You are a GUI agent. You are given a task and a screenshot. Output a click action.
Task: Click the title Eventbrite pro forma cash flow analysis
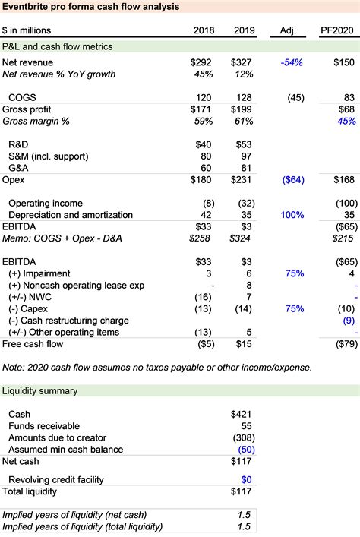tap(91, 8)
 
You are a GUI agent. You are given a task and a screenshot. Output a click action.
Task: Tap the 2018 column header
tap(206, 30)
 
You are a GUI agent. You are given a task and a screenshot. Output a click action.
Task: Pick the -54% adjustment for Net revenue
tap(291, 62)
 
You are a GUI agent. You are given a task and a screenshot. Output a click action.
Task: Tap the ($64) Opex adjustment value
tap(291, 179)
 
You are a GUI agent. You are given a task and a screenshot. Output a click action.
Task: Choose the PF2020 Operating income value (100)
tap(341, 203)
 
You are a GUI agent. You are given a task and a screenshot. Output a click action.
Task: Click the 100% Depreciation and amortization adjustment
tap(291, 215)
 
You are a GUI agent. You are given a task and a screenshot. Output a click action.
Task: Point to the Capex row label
tap(30, 309)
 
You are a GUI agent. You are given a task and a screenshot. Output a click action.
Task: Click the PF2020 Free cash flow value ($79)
tap(341, 344)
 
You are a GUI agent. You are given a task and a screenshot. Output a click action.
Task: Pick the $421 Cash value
tap(242, 414)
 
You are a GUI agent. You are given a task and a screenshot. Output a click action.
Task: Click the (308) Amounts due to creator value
tap(241, 437)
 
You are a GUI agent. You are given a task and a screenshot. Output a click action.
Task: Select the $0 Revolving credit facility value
tap(245, 479)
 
